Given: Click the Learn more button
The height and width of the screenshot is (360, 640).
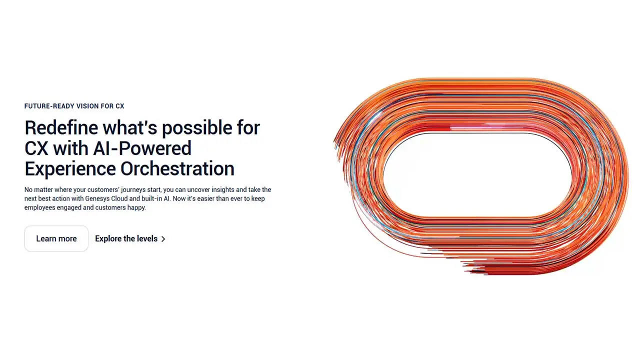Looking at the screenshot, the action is (56, 238).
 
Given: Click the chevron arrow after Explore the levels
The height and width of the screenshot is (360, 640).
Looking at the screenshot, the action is (163, 239).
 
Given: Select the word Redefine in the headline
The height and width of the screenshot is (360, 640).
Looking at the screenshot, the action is (61, 127).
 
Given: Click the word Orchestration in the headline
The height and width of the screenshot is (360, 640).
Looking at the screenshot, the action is (177, 168).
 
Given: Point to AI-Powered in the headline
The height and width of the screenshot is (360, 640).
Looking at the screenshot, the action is (142, 148).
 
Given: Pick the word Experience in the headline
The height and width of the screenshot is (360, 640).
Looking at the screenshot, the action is (70, 169).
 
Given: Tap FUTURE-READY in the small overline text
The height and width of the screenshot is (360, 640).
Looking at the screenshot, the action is (48, 106).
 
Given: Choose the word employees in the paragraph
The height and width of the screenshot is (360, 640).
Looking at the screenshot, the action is (39, 207).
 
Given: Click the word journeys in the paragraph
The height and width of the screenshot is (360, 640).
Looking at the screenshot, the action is (133, 190).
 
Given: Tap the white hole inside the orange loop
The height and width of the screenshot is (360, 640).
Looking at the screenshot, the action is (477, 175).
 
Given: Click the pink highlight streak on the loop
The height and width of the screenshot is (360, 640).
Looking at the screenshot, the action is (485, 127).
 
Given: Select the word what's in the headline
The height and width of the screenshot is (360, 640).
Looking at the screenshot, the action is (130, 127).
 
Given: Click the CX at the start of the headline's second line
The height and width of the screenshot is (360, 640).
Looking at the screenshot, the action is (36, 148).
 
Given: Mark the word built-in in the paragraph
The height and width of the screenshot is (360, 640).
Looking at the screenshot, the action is (152, 198).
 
